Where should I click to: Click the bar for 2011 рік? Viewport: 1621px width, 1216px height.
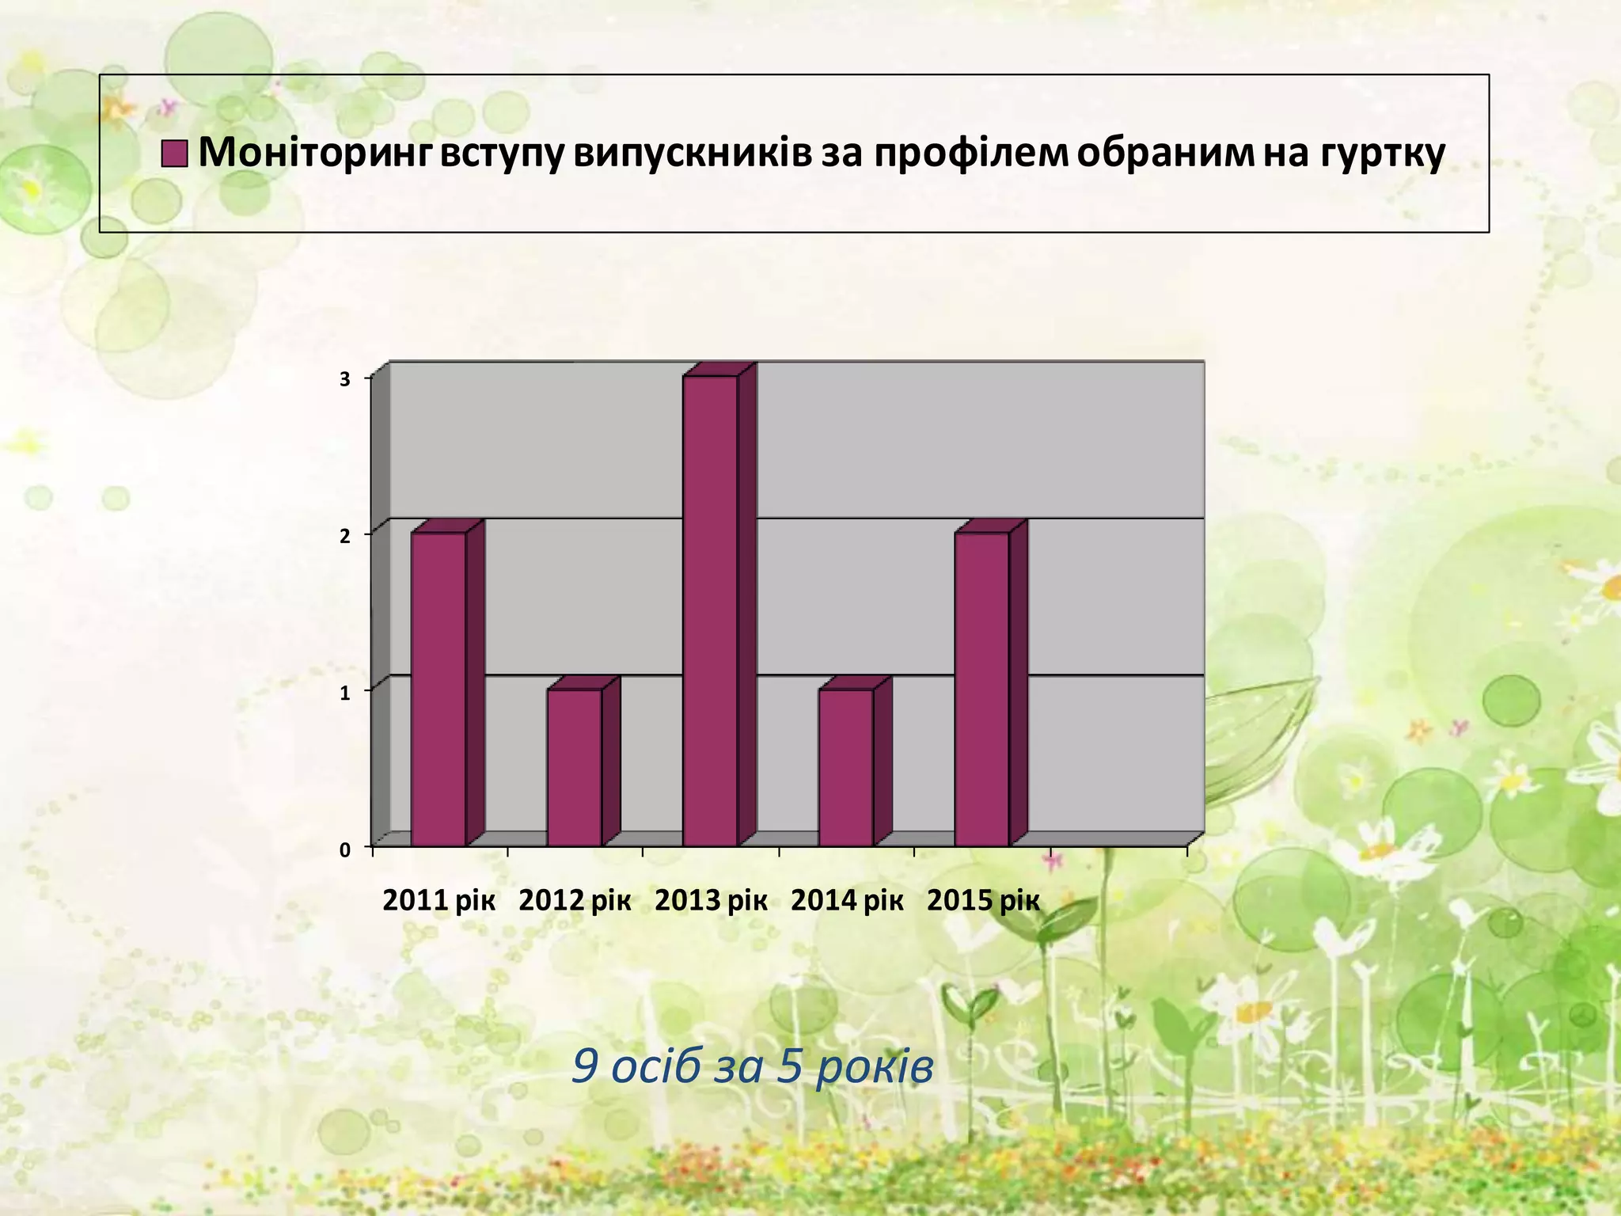pyautogui.click(x=438, y=689)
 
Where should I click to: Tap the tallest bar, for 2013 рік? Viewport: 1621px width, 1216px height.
pyautogui.click(x=711, y=610)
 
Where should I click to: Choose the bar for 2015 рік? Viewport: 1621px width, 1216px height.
pyautogui.click(x=982, y=689)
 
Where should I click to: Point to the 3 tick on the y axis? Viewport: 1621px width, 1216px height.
pyautogui.click(x=345, y=379)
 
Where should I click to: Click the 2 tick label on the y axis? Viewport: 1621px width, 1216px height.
pyautogui.click(x=345, y=536)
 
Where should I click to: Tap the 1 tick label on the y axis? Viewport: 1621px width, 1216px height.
pyautogui.click(x=345, y=693)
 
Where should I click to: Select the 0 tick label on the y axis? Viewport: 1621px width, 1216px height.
pyautogui.click(x=345, y=850)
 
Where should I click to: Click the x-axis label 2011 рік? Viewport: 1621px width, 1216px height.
pyautogui.click(x=438, y=901)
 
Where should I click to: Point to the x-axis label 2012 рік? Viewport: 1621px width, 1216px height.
pyautogui.click(x=575, y=901)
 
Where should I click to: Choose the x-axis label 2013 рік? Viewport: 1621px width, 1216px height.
pyautogui.click(x=711, y=901)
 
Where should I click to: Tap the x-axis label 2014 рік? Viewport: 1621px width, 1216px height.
pyautogui.click(x=847, y=901)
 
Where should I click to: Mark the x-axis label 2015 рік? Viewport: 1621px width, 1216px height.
pyautogui.click(x=983, y=901)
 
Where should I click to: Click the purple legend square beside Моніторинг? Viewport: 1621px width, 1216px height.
pyautogui.click(x=174, y=154)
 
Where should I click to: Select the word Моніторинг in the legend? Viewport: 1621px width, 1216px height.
pyautogui.click(x=315, y=153)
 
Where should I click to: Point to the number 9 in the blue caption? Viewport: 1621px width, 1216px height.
pyautogui.click(x=584, y=1067)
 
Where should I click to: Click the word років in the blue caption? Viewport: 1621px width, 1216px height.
pyautogui.click(x=874, y=1067)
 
